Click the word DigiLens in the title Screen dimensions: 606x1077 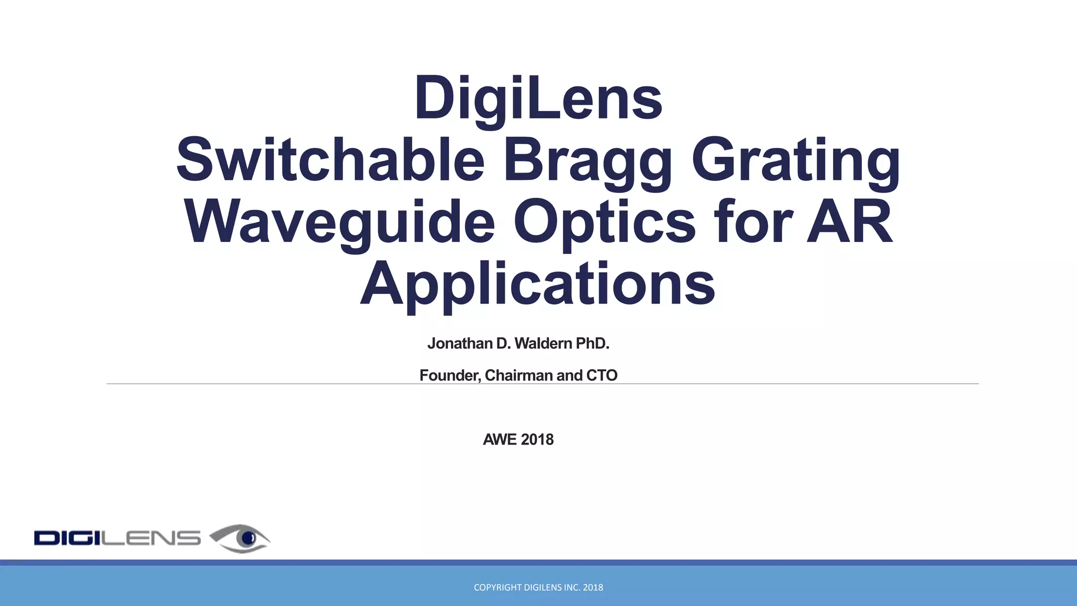point(538,98)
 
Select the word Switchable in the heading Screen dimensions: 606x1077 point(330,159)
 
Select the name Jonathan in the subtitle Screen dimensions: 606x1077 point(460,344)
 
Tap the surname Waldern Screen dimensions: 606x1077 point(543,344)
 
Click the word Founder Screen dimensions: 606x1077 point(450,376)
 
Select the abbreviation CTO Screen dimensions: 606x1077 point(602,376)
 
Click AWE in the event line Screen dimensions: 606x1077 point(500,440)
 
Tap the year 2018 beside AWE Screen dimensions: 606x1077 point(537,440)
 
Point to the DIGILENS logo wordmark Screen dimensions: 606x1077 point(117,538)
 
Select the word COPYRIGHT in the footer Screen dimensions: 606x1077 point(497,588)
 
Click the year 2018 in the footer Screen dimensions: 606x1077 point(593,588)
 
